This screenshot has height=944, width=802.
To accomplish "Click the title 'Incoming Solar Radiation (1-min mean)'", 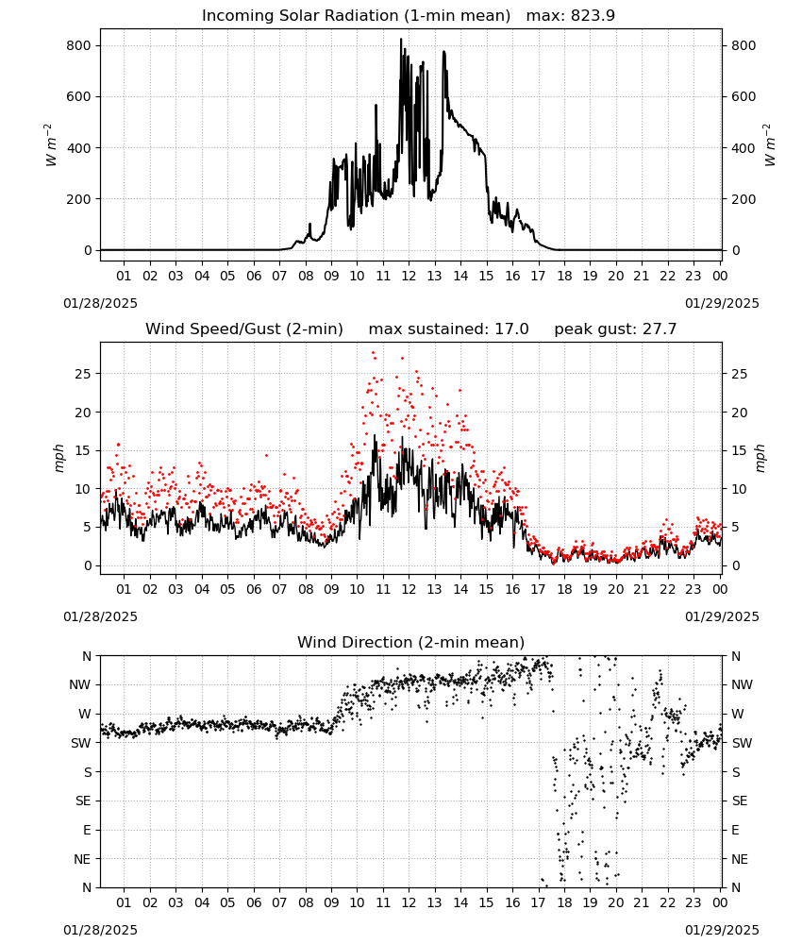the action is pos(356,16).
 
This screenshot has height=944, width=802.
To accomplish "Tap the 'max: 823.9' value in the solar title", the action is pos(571,16).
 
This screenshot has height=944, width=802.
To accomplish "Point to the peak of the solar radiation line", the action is pos(401,39).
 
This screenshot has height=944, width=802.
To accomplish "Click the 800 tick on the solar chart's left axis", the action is pos(79,45).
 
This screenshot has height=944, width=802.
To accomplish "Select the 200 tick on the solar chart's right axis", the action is pos(744,199).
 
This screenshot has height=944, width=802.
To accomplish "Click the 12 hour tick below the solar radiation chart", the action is pos(409,276).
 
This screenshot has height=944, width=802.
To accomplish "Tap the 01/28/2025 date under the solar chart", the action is pos(100,303).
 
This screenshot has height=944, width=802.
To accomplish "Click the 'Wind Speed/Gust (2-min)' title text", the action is pos(244,329).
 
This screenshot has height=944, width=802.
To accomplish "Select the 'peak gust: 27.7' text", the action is pos(615,329).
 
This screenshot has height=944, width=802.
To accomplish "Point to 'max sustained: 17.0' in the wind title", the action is pos(449,329).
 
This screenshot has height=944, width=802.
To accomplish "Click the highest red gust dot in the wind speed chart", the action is pos(373,353).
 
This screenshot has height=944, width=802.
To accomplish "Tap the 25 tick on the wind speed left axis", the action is pos(84,374).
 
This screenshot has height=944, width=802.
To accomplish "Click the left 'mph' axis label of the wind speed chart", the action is pos(58,458).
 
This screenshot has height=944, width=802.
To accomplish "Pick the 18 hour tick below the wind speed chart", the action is pos(564,589).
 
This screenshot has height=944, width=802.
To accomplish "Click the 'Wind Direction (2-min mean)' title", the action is pos(411,642).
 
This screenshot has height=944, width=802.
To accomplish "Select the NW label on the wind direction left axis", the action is pos(80,685).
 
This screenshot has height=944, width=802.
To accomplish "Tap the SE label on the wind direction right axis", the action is pos(740,801).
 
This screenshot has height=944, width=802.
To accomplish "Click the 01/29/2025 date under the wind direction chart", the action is pos(722,930).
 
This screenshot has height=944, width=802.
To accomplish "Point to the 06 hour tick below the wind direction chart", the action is pos(254,903).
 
